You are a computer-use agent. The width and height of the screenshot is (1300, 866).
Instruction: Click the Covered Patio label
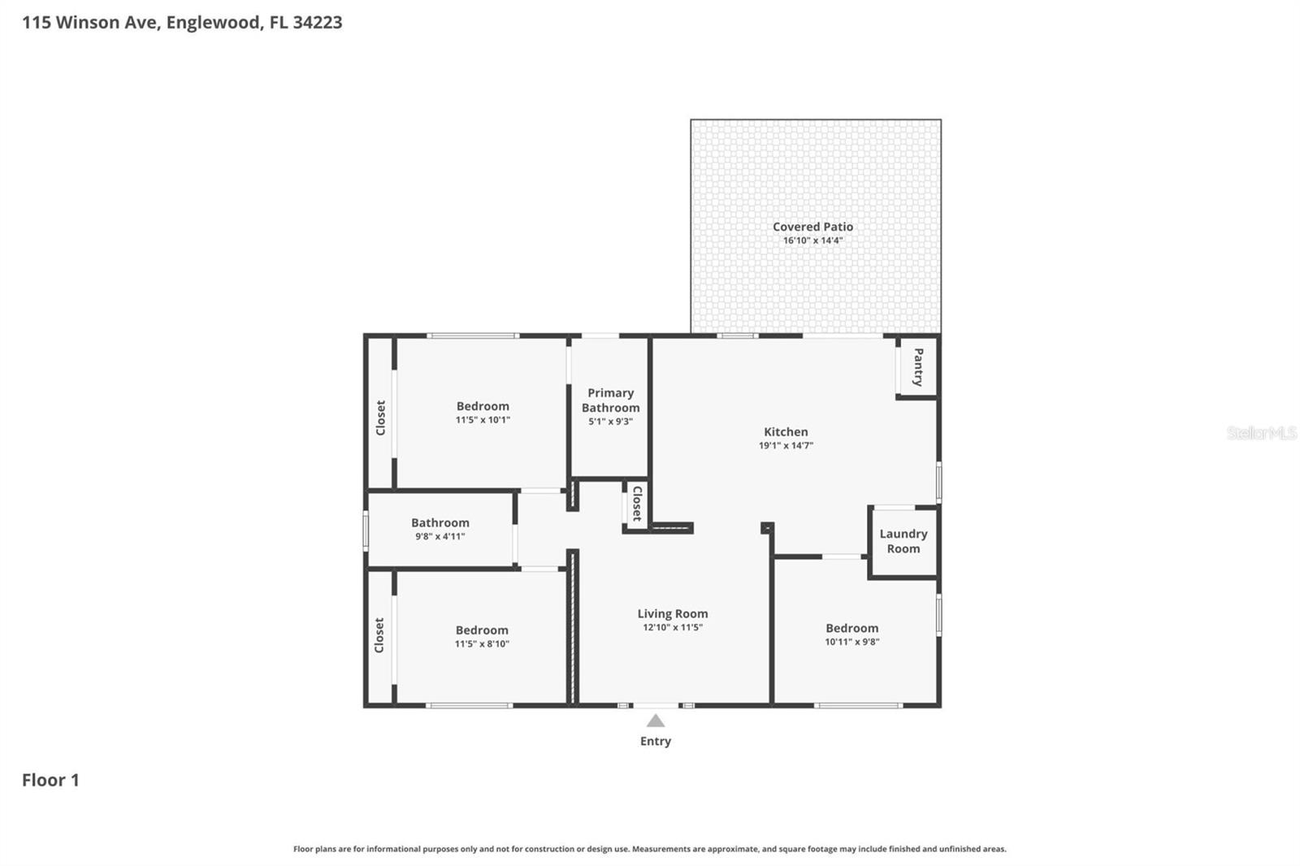(812, 227)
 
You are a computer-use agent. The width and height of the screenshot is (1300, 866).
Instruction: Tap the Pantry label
(918, 367)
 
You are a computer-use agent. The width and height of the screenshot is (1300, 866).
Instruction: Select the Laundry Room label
(903, 541)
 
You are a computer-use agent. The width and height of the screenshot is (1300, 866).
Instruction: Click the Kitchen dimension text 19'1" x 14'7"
(786, 445)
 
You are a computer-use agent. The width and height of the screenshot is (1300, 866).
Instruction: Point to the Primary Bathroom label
(610, 401)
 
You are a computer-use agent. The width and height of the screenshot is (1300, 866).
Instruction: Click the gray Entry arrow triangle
(656, 721)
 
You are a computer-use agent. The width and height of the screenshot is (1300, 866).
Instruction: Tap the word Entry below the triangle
(656, 741)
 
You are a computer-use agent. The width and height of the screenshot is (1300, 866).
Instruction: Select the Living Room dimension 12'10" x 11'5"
(672, 627)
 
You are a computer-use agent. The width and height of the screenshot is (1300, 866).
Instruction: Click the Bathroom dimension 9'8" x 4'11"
(440, 536)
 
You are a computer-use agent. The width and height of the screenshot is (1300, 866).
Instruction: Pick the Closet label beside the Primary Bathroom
(637, 504)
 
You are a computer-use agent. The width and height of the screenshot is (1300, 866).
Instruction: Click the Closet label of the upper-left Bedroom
(380, 418)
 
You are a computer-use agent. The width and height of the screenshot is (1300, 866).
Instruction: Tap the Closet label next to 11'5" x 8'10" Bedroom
(379, 635)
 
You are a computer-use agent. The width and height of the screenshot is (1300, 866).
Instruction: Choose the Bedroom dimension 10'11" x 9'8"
(851, 642)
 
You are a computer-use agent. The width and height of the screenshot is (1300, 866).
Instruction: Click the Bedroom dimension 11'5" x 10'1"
(483, 420)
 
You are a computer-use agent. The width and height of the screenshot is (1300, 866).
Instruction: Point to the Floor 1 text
(50, 780)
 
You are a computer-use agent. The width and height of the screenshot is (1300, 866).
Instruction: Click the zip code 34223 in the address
(317, 22)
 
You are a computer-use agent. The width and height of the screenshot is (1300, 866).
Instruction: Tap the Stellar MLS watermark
(1261, 433)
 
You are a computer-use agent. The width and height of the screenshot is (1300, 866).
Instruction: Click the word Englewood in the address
(214, 22)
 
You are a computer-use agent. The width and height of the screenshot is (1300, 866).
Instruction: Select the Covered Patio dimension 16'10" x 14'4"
(812, 240)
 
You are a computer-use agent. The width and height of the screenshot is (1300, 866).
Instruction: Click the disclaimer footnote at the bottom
(649, 849)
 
